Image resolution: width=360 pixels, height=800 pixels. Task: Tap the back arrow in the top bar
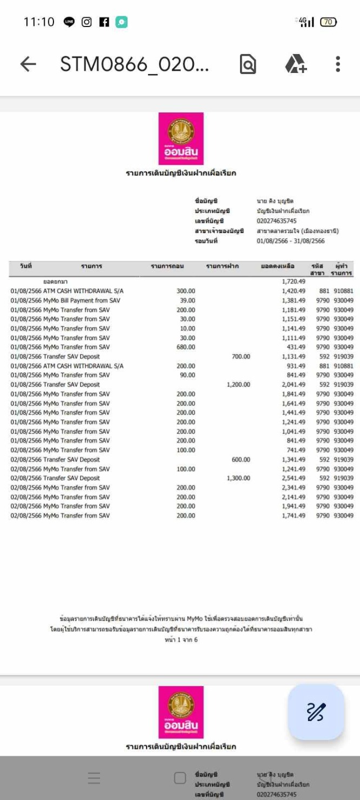(x=28, y=64)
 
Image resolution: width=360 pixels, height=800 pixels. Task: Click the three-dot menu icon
(x=338, y=64)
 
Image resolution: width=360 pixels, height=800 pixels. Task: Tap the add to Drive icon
(x=296, y=64)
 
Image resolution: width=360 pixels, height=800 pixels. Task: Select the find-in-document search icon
(x=248, y=64)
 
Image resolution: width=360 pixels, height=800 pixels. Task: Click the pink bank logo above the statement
(x=181, y=138)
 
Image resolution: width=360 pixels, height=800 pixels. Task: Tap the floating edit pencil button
(x=316, y=712)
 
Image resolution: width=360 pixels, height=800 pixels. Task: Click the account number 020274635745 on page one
(x=276, y=221)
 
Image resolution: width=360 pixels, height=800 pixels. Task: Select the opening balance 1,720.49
(x=294, y=282)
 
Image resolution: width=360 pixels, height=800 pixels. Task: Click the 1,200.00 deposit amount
(x=238, y=385)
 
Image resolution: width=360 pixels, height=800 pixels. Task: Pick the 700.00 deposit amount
(x=241, y=357)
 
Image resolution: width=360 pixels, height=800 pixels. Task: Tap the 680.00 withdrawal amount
(x=186, y=347)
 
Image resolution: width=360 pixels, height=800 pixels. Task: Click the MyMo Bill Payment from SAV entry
(x=82, y=301)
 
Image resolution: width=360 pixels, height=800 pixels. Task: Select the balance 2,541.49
(x=294, y=478)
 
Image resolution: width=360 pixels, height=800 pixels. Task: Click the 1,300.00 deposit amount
(x=238, y=478)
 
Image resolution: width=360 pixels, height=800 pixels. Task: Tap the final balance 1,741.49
(x=294, y=516)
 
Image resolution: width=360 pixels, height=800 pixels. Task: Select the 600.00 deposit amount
(x=241, y=459)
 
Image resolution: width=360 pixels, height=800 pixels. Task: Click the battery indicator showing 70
(x=328, y=22)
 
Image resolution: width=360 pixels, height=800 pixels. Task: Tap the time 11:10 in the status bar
(x=39, y=22)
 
